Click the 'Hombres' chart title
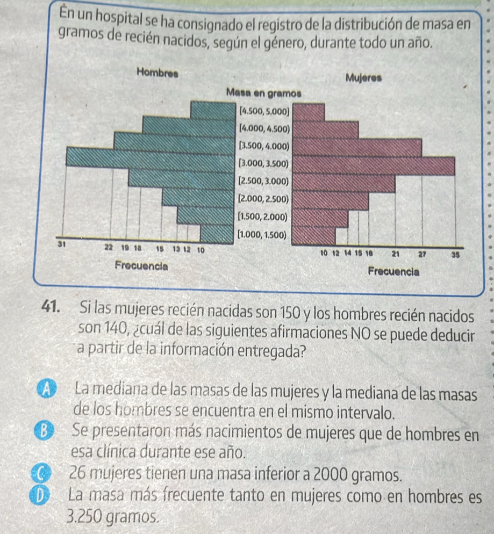(159, 71)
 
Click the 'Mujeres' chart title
(364, 77)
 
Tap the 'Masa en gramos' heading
(264, 92)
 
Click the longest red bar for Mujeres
(375, 165)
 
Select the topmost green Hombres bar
(213, 111)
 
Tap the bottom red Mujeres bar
(316, 235)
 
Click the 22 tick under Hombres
(109, 247)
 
